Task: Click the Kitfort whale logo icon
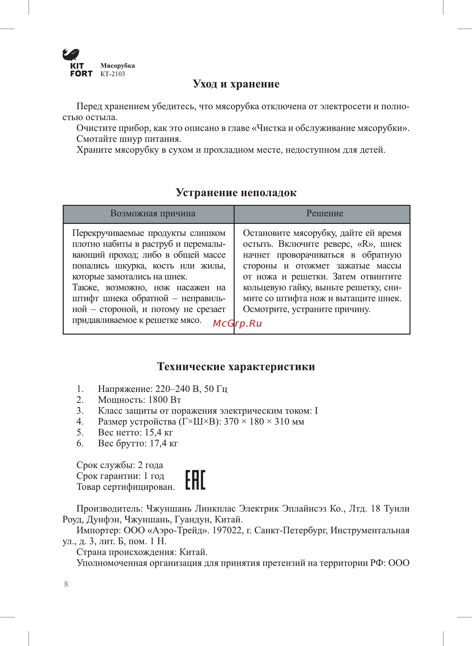click(71, 55)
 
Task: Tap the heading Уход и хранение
click(236, 84)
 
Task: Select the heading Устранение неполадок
click(236, 193)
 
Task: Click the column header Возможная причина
click(153, 214)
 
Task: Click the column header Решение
click(325, 214)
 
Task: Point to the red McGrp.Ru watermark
click(237, 323)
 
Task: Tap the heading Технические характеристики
click(236, 367)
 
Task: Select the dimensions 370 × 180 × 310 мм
click(264, 422)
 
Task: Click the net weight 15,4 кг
click(159, 432)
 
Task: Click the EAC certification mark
click(195, 480)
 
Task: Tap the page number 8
click(66, 584)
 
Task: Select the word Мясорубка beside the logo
click(117, 66)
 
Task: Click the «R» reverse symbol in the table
click(366, 244)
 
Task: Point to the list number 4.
click(80, 422)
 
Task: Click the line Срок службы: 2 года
click(120, 465)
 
